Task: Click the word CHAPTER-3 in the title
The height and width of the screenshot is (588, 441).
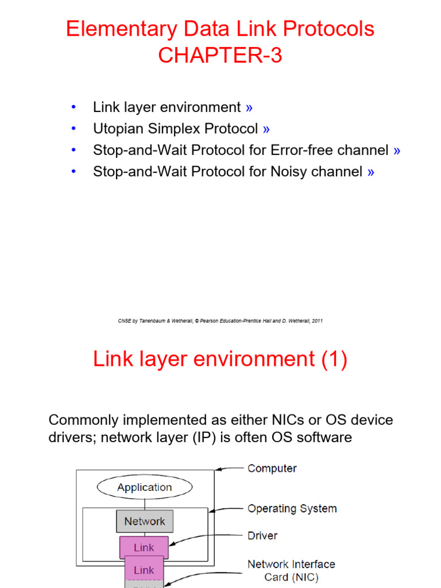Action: (220, 55)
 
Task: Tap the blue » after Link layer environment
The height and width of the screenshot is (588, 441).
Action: (249, 108)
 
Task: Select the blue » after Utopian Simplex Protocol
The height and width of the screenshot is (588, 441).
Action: (266, 129)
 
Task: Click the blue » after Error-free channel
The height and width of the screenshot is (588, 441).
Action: (397, 151)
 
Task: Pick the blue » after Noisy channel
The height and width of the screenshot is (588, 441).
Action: (371, 172)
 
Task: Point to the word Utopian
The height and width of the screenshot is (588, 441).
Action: (118, 129)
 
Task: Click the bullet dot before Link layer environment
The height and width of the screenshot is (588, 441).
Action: (73, 107)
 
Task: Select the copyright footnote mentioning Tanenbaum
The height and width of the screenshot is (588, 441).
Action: (220, 320)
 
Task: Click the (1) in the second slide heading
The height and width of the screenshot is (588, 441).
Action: (334, 359)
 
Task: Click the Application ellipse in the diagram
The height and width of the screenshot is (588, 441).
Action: (145, 487)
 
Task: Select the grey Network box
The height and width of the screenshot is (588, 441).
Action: (145, 521)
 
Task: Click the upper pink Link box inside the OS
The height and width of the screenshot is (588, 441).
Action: (144, 547)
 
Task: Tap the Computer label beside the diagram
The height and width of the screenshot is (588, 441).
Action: (272, 469)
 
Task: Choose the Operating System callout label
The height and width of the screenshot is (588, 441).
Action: (292, 509)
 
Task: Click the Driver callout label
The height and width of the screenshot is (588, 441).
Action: (262, 536)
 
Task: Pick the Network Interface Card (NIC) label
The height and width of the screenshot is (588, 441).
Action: (291, 570)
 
